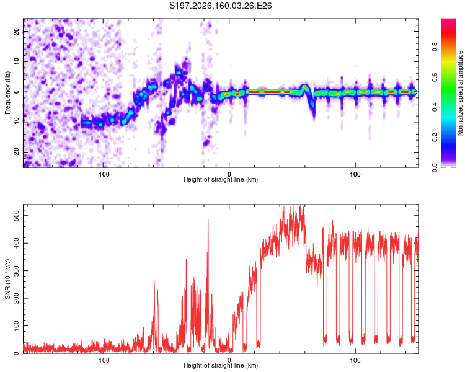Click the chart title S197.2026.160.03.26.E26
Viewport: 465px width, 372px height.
pyautogui.click(x=220, y=6)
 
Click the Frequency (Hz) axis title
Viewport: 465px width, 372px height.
pyautogui.click(x=7, y=93)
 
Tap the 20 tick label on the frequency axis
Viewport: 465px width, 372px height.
pyautogui.click(x=16, y=32)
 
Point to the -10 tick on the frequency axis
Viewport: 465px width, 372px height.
pyautogui.click(x=16, y=122)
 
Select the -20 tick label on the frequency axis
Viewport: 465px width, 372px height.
pyautogui.click(x=16, y=152)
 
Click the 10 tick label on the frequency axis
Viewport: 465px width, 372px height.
pyautogui.click(x=16, y=61)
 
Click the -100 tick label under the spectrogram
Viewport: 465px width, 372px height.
pyautogui.click(x=102, y=174)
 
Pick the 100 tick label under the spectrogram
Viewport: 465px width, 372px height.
pyautogui.click(x=355, y=174)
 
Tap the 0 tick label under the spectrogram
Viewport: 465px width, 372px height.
pyautogui.click(x=229, y=174)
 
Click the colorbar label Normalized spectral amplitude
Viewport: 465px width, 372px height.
pyautogui.click(x=460, y=93)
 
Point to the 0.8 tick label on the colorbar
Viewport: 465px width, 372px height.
pyautogui.click(x=435, y=47)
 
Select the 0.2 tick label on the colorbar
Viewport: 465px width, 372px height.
pyautogui.click(x=435, y=138)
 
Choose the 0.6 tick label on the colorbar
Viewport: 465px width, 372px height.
pyautogui.click(x=435, y=77)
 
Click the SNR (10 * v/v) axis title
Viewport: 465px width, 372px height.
pyautogui.click(x=7, y=279)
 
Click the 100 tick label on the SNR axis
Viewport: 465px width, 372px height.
pyautogui.click(x=16, y=326)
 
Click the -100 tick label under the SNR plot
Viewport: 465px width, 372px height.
pyautogui.click(x=102, y=360)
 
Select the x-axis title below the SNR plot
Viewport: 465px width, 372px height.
pyautogui.click(x=221, y=365)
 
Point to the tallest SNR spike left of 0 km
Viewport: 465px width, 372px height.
pyautogui.click(x=208, y=220)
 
